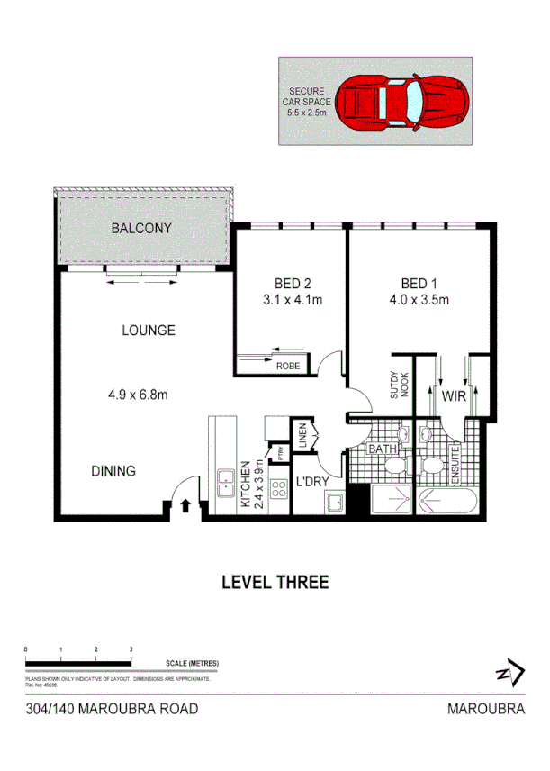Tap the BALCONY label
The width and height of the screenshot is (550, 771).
pyautogui.click(x=141, y=229)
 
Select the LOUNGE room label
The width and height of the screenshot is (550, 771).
pyautogui.click(x=149, y=331)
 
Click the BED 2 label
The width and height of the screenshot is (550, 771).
pyautogui.click(x=279, y=280)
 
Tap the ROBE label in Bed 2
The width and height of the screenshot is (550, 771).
pyautogui.click(x=288, y=367)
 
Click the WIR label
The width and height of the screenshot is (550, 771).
pyautogui.click(x=452, y=395)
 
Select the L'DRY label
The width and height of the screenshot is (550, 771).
pyautogui.click(x=312, y=481)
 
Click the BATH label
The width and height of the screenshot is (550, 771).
pyautogui.click(x=383, y=448)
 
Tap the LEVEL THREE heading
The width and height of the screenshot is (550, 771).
pyautogui.click(x=275, y=582)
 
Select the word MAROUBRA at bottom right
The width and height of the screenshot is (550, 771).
pyautogui.click(x=486, y=709)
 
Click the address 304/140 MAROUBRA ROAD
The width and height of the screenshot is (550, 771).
pyautogui.click(x=112, y=709)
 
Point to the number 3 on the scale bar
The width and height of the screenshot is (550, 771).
pyautogui.click(x=131, y=649)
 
